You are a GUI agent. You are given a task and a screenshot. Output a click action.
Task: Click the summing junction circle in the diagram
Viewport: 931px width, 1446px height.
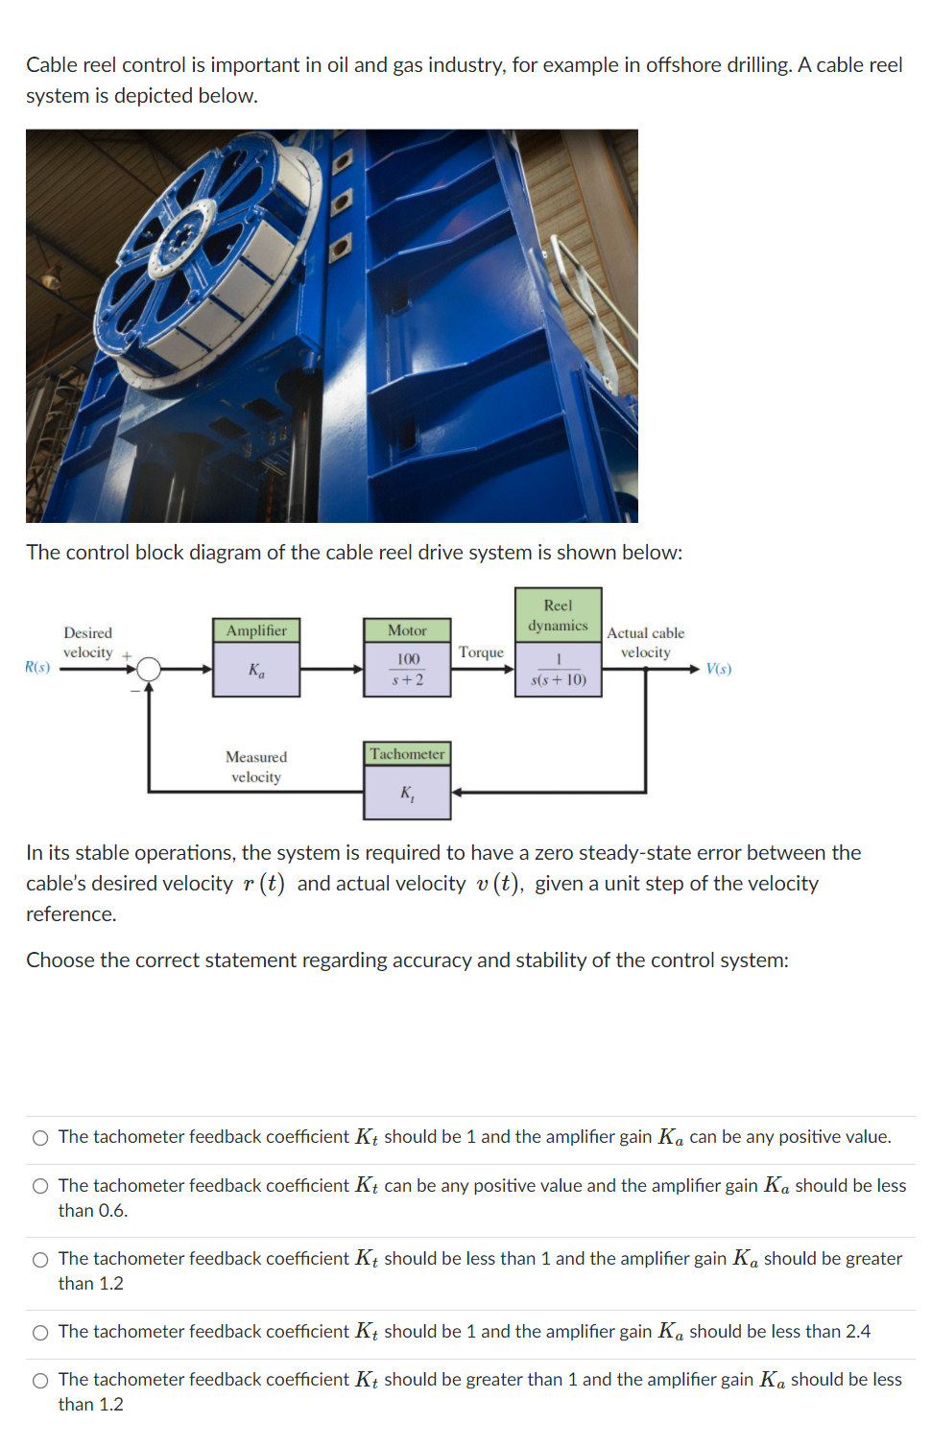pyautogui.click(x=149, y=669)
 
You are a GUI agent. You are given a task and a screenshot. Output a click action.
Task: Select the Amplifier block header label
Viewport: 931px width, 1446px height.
pyautogui.click(x=256, y=630)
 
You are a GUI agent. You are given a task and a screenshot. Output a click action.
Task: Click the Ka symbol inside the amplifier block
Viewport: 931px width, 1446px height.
pyautogui.click(x=256, y=670)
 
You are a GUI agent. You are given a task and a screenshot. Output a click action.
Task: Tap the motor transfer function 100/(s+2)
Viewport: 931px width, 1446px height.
pyautogui.click(x=407, y=670)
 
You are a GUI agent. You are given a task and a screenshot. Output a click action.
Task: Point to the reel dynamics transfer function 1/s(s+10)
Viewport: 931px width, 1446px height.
pyautogui.click(x=558, y=670)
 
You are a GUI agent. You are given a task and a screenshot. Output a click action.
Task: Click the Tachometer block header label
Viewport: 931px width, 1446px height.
pyautogui.click(x=407, y=754)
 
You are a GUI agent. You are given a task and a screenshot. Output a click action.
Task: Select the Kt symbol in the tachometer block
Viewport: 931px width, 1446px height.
pyautogui.click(x=407, y=794)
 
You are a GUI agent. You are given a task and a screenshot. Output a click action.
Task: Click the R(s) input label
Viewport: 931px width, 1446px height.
pyautogui.click(x=37, y=667)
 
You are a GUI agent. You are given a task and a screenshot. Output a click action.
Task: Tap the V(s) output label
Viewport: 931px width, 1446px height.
pyautogui.click(x=718, y=669)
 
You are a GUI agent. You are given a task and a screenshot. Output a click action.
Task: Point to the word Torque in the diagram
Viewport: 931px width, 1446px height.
pyautogui.click(x=481, y=652)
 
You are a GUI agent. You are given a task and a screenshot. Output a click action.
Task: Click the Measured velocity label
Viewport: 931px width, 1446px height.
pyautogui.click(x=256, y=767)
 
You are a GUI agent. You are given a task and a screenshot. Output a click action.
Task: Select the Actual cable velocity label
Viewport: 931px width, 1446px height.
pyautogui.click(x=645, y=643)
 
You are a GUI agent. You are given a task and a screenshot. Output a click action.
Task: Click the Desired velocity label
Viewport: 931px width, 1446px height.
pyautogui.click(x=87, y=643)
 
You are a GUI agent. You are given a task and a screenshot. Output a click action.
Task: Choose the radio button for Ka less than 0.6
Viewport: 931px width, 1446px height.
pyautogui.click(x=40, y=1187)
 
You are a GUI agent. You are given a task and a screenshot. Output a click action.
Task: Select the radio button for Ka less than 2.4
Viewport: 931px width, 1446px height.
pyautogui.click(x=40, y=1333)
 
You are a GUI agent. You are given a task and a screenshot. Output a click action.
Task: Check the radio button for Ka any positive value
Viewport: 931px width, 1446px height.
pyautogui.click(x=40, y=1138)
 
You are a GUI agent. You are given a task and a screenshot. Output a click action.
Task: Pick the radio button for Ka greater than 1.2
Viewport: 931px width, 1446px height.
pyautogui.click(x=40, y=1260)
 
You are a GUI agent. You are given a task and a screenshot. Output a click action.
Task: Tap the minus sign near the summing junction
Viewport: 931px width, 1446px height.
pyautogui.click(x=134, y=689)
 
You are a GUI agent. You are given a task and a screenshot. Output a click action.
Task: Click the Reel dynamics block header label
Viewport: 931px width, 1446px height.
pyautogui.click(x=558, y=615)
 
